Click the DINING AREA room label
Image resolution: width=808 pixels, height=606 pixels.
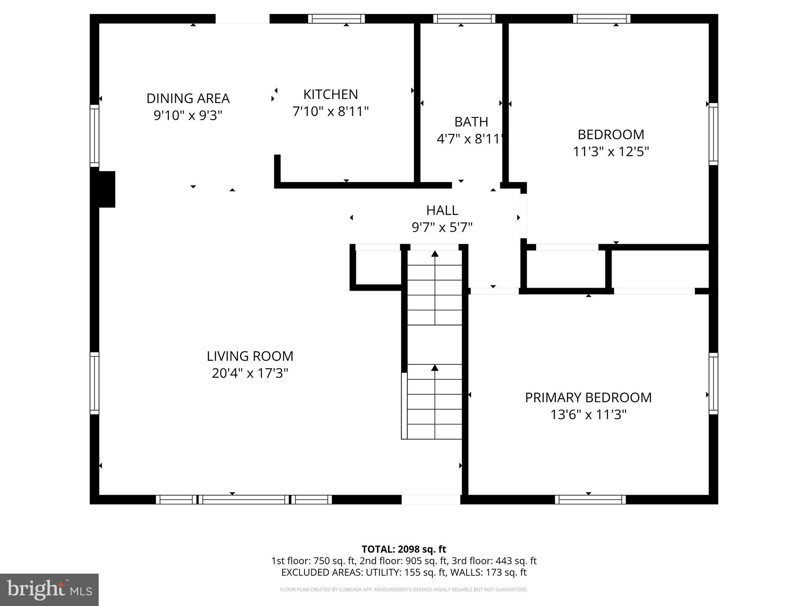(188, 98)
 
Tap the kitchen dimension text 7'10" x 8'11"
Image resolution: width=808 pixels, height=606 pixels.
(330, 112)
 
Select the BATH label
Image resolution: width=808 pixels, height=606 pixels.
(471, 122)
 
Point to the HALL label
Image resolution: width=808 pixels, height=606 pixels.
(442, 210)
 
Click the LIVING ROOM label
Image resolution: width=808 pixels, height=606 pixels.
(250, 356)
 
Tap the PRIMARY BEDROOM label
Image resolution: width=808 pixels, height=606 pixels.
(588, 397)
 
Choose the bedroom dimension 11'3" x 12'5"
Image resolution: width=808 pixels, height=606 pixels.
(611, 151)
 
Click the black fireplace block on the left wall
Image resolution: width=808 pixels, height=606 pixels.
(106, 189)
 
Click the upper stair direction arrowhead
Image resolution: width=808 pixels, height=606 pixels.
(435, 254)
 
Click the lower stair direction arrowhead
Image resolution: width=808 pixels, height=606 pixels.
(435, 368)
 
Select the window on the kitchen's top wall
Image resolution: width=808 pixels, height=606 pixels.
(336, 19)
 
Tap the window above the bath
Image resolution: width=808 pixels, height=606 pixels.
(464, 19)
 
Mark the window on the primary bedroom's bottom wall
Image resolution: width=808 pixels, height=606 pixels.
(590, 499)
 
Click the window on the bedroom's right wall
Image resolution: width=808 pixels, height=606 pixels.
(713, 134)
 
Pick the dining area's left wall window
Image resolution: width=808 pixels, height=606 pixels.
(94, 136)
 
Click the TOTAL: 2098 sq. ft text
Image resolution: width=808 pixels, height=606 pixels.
(404, 549)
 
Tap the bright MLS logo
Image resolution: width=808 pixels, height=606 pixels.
(49, 589)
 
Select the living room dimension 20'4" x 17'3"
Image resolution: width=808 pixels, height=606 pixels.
(250, 373)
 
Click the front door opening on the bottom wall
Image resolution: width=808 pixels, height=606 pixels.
(431, 499)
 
